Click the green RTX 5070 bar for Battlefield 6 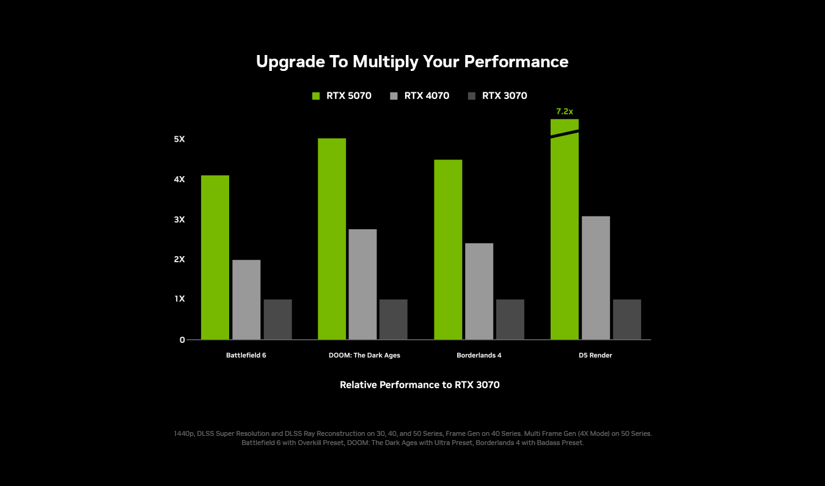click(215, 257)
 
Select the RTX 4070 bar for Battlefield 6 click(246, 300)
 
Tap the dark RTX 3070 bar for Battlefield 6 click(277, 319)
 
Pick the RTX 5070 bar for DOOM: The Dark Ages click(332, 238)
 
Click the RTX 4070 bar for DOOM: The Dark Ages click(362, 284)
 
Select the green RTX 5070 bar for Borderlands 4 click(448, 249)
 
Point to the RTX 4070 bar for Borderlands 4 click(479, 291)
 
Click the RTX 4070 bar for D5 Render click(596, 278)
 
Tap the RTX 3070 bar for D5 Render click(627, 319)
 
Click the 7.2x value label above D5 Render click(565, 111)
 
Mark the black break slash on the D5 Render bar click(565, 134)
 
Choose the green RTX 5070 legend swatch click(316, 96)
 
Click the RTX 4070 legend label click(427, 96)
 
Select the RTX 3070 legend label click(504, 96)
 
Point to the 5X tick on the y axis click(179, 139)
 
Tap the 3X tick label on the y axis click(179, 219)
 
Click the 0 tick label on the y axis click(182, 340)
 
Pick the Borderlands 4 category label click(479, 355)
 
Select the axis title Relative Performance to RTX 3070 click(420, 385)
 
